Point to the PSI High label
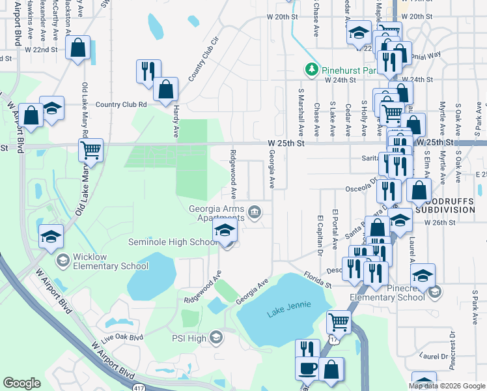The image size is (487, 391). click(x=189, y=338)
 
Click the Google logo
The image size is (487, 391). click(x=21, y=383)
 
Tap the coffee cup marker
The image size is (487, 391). click(x=308, y=369)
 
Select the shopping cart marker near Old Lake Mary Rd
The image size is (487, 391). click(x=91, y=151)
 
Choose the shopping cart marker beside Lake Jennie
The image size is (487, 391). click(x=338, y=322)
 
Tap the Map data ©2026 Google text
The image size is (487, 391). click(x=447, y=386)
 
